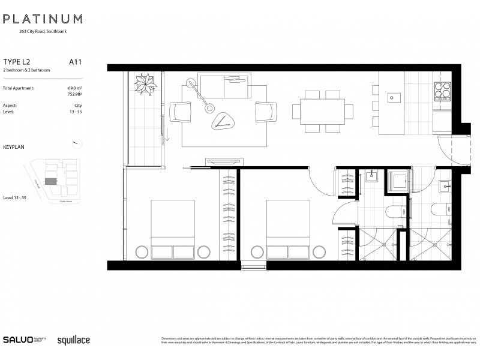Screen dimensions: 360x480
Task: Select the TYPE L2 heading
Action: [x=17, y=61]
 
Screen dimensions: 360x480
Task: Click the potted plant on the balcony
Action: [x=145, y=83]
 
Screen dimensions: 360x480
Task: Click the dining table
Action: [x=318, y=112]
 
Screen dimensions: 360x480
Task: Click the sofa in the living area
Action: [x=219, y=88]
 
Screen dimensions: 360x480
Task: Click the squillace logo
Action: [x=73, y=340]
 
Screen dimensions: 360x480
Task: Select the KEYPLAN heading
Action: [x=14, y=146]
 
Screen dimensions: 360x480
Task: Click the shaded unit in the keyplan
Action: [x=52, y=181]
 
